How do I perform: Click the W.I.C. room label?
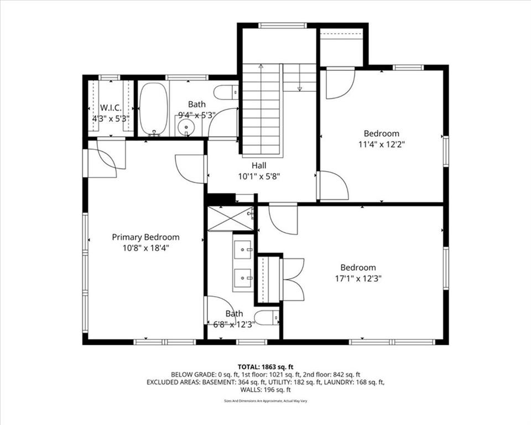point(111,108)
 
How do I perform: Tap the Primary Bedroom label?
point(145,237)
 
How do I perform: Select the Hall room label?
point(259,165)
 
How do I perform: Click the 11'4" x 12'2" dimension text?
point(382,144)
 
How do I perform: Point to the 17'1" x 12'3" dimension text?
point(358,278)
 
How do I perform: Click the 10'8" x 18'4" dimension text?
point(145,248)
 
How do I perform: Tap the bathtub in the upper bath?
point(153,110)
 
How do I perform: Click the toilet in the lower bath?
point(267,318)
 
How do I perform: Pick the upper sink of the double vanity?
point(242,250)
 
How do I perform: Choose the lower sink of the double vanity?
point(242,278)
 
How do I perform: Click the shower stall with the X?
point(230,218)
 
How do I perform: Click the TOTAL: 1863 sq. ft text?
point(265,367)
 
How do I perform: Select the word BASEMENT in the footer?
point(217,382)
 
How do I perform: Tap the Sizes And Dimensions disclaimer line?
point(265,401)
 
